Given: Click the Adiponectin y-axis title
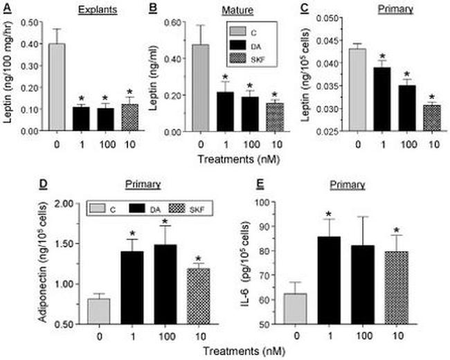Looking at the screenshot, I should (14, 263).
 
